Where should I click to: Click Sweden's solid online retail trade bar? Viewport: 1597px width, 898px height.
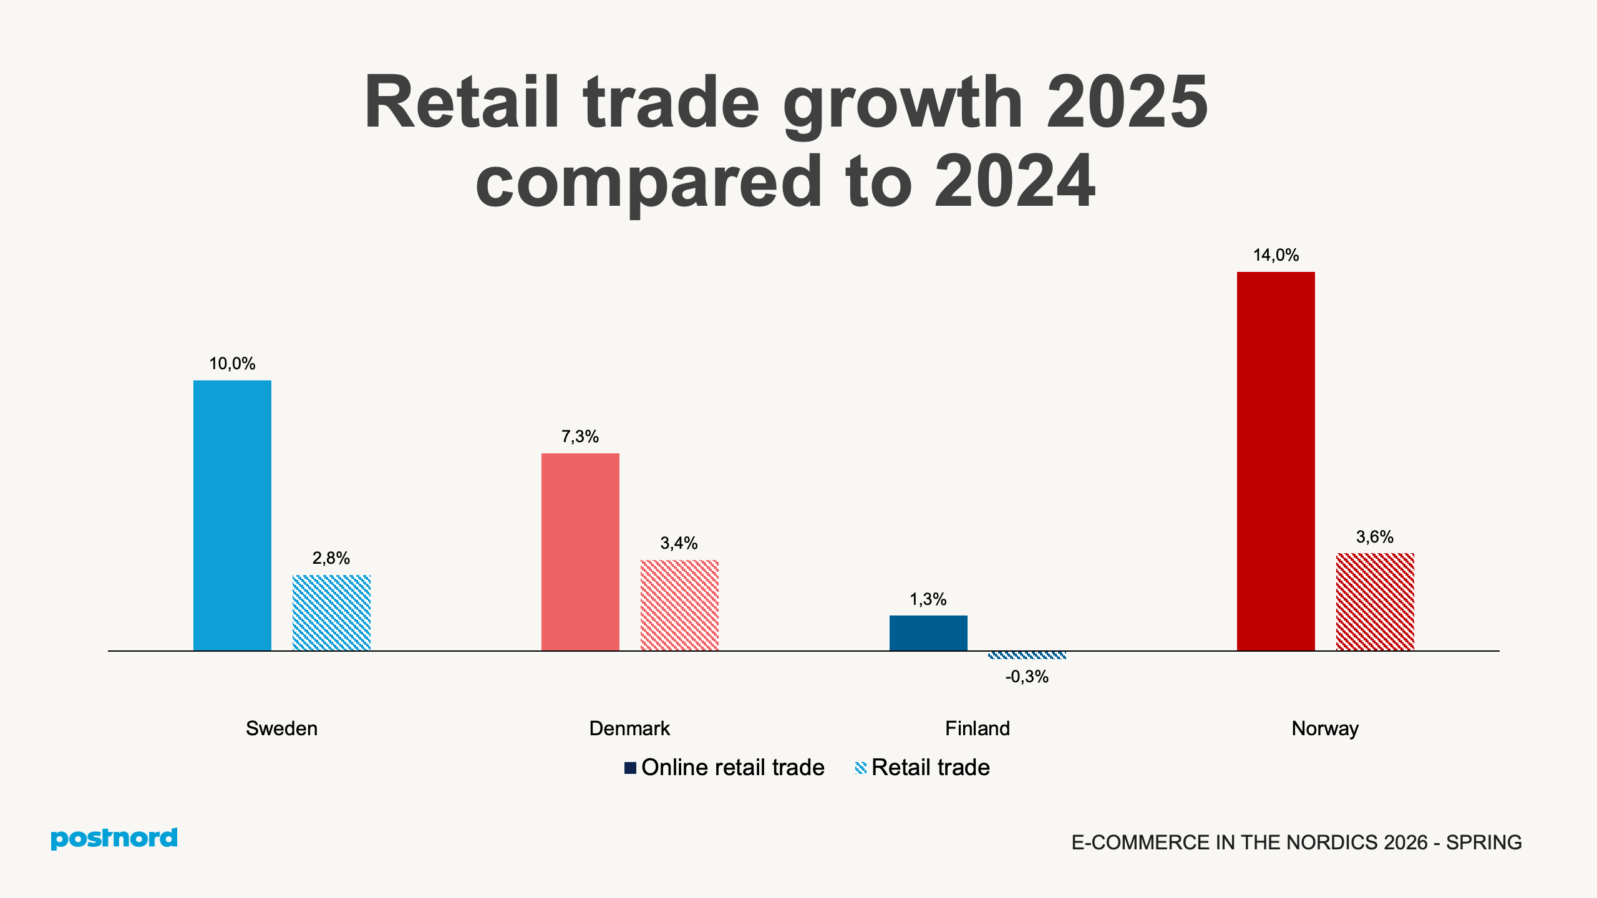click(x=232, y=515)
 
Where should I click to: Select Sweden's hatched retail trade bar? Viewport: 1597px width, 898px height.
click(x=331, y=612)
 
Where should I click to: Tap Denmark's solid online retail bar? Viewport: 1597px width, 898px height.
click(x=580, y=552)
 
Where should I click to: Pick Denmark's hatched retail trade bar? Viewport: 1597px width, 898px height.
click(x=679, y=605)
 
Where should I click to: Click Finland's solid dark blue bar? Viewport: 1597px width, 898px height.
click(x=928, y=633)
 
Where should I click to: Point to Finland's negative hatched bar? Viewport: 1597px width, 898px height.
click(x=1027, y=655)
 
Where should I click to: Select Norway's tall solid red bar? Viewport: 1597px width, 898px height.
click(x=1276, y=461)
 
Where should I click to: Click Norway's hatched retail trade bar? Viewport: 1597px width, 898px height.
click(x=1375, y=602)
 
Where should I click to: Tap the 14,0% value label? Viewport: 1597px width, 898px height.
click(x=1276, y=255)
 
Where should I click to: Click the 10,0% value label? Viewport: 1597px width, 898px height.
click(x=232, y=364)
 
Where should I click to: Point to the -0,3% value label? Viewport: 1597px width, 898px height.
click(x=1027, y=677)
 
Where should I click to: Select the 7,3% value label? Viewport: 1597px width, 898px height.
click(x=580, y=437)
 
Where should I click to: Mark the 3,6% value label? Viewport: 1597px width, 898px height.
click(x=1375, y=537)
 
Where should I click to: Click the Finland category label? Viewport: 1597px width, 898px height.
click(x=977, y=728)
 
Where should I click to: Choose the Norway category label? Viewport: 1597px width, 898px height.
click(x=1325, y=728)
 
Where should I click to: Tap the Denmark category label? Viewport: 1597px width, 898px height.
click(x=629, y=728)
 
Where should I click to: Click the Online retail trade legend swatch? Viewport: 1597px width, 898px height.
click(x=630, y=768)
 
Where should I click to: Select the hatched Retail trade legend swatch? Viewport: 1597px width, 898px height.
click(x=861, y=768)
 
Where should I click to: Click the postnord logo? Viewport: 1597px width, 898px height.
click(x=114, y=839)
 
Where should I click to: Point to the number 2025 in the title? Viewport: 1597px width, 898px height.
click(x=1127, y=103)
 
